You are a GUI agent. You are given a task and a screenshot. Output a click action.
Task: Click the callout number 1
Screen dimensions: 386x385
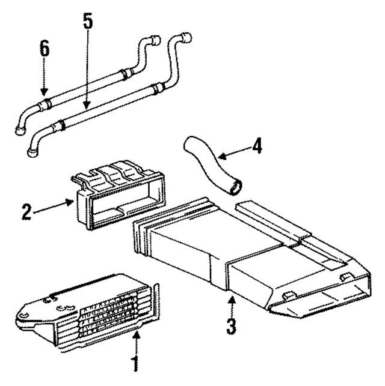pos(135,364)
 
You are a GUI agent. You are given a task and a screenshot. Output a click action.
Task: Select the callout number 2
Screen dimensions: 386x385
pos(26,212)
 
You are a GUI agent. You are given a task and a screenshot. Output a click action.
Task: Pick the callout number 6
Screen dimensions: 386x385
pos(43,49)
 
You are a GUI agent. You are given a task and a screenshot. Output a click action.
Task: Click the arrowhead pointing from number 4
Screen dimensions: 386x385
pos(219,157)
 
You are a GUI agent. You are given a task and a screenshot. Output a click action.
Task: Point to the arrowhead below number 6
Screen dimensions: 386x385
pos(43,94)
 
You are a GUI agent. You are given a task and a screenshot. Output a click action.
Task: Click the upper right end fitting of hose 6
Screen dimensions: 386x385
pos(155,41)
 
